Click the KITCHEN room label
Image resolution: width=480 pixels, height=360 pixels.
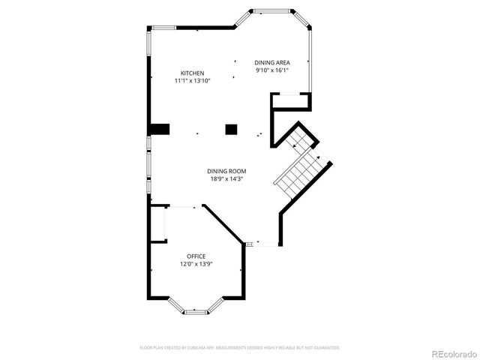coord(192,73)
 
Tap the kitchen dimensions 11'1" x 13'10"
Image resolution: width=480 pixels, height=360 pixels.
coord(192,80)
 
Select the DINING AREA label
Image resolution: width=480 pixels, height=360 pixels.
coord(271,62)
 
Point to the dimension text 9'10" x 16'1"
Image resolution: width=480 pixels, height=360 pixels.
coord(271,70)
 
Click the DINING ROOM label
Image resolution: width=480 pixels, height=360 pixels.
coord(226,171)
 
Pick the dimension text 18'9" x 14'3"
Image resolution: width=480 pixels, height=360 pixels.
coord(226,179)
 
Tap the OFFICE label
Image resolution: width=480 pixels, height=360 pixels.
coord(196,256)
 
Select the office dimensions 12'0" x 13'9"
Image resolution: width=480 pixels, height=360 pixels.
coord(196,265)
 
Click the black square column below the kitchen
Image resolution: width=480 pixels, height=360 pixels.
coord(231,129)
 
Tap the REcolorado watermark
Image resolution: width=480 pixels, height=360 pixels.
coord(451,353)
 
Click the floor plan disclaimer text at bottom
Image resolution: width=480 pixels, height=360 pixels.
coord(240,348)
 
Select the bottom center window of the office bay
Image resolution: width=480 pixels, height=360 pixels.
coord(196,311)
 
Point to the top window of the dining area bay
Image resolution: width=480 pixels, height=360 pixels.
coord(271,10)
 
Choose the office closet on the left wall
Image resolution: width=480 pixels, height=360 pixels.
coord(158,223)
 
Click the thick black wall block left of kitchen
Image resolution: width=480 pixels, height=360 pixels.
coord(159,129)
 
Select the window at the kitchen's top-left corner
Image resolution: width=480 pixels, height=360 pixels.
coord(163,28)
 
